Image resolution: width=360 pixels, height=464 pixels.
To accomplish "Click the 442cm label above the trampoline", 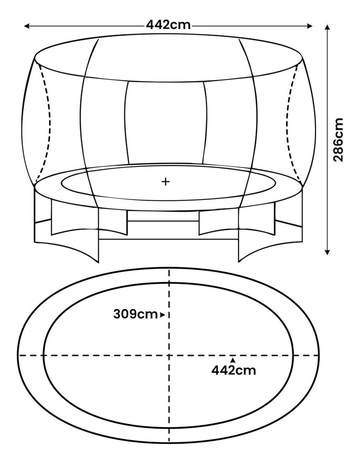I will click(x=168, y=25).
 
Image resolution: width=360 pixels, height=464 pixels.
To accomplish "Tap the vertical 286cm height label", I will click(x=338, y=139).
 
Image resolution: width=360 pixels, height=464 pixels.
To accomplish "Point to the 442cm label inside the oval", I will click(x=233, y=370).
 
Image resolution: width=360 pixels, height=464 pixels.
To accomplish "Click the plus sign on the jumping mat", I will click(x=165, y=181).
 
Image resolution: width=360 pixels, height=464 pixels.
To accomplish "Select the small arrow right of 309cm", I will click(x=162, y=315).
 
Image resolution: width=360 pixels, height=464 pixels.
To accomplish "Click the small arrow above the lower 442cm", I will click(x=232, y=359).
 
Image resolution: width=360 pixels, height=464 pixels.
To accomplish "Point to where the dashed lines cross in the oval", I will click(x=169, y=355).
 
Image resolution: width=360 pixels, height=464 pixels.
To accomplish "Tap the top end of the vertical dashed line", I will click(x=169, y=270).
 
